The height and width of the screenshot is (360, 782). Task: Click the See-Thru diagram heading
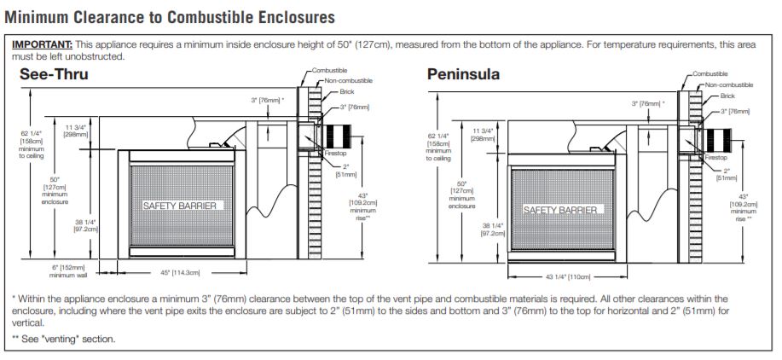tap(54, 75)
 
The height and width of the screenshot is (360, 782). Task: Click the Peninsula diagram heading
tap(463, 75)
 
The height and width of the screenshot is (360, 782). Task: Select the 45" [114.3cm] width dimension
tap(180, 273)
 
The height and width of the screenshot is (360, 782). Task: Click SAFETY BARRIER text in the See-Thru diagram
tap(180, 206)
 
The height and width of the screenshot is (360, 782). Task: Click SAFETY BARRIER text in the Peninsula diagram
tap(561, 210)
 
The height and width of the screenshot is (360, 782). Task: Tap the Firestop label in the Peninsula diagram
tap(715, 158)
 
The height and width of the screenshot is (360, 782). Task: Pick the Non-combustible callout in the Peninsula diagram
tap(729, 84)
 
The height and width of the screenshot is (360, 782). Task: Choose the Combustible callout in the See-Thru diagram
tap(329, 71)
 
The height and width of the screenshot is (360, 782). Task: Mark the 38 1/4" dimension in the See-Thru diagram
tap(87, 225)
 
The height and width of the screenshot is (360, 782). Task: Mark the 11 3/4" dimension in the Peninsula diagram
tap(482, 134)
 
